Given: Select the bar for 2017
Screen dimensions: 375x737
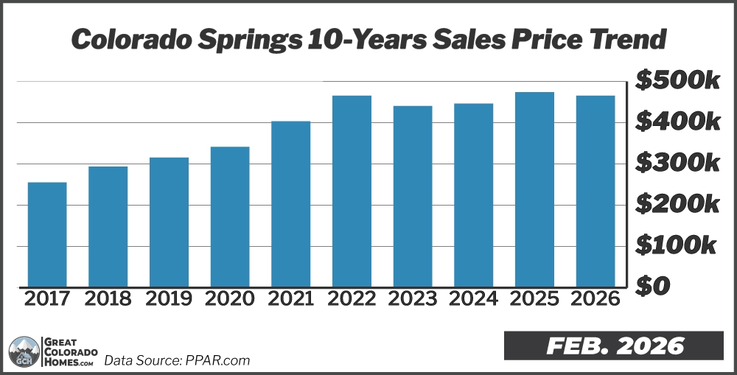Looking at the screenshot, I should click(47, 234).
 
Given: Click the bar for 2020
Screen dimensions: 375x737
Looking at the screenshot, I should click(230, 217).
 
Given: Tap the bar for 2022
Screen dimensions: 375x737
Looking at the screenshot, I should click(352, 191).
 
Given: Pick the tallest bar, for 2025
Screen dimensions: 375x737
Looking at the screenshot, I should click(534, 189).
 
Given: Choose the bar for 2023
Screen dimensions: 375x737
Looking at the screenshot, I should click(413, 196).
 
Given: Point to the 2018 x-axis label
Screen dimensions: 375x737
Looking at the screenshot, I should click(108, 298).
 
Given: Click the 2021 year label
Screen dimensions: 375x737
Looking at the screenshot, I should click(290, 298).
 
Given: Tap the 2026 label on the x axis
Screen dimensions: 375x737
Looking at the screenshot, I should click(595, 298).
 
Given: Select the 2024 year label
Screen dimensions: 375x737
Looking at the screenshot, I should click(473, 298).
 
